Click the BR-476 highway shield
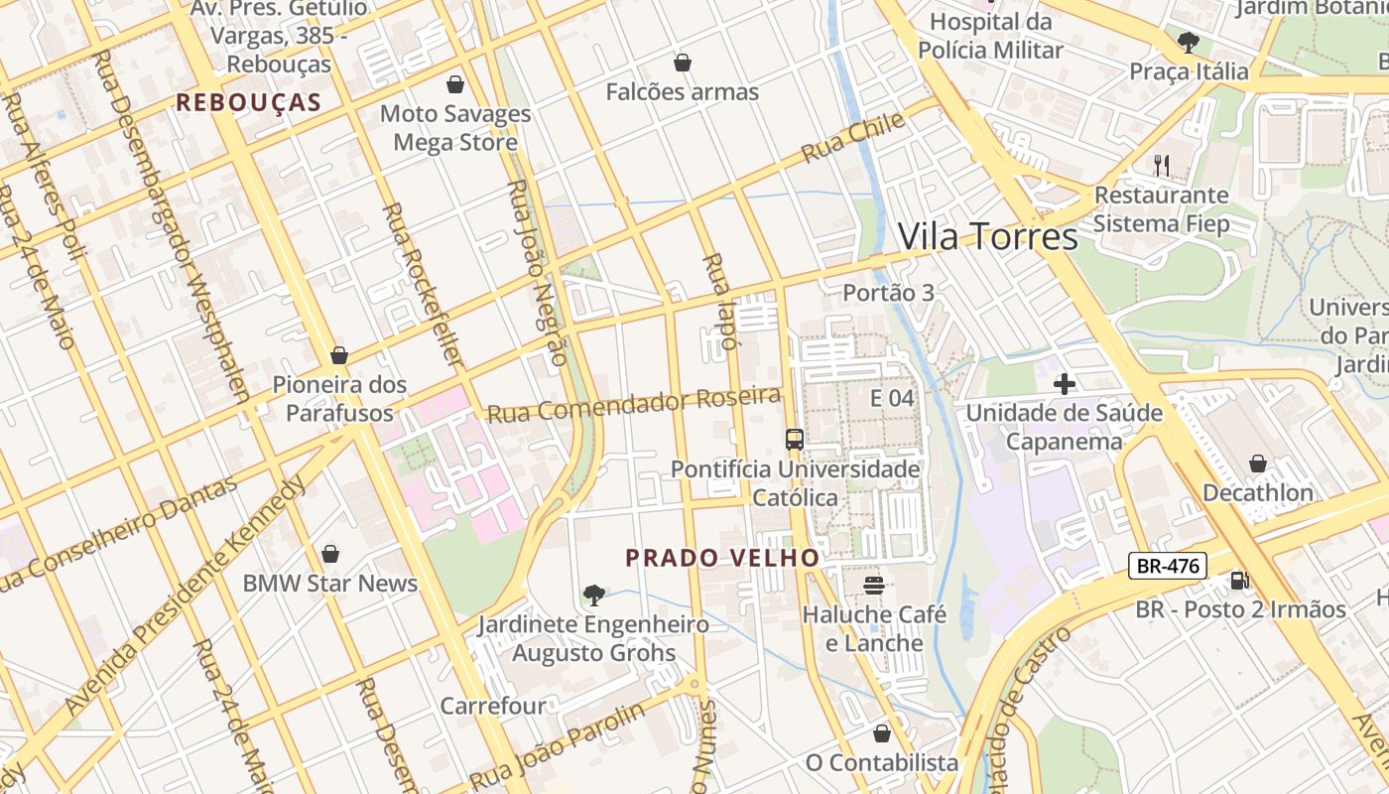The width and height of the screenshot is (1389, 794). [x=1168, y=567]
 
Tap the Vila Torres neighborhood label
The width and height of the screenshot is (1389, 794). [x=987, y=236]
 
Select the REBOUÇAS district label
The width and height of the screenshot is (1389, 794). [x=249, y=102]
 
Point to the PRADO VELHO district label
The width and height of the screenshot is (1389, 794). [x=722, y=558]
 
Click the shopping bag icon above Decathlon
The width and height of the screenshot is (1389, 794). [x=1257, y=463]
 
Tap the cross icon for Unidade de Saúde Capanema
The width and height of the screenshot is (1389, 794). [x=1065, y=383]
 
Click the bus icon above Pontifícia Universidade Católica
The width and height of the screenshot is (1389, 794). [x=794, y=439]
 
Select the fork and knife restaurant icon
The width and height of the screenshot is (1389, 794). [x=1161, y=165]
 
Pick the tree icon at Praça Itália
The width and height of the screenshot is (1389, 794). [x=1188, y=42]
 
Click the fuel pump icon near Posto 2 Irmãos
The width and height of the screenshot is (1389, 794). [x=1238, y=580]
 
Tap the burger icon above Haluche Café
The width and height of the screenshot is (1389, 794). [x=874, y=585]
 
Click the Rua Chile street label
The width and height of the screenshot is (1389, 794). [x=853, y=138]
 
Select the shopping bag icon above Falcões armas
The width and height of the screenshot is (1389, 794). [x=682, y=63]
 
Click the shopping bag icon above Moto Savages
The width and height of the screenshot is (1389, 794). [x=455, y=84]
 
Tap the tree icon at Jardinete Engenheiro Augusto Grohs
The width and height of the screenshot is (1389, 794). [x=593, y=595]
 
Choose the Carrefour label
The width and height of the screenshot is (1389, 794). [x=493, y=706]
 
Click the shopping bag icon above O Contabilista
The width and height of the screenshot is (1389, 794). [x=881, y=733]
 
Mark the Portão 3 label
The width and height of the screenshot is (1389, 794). [x=888, y=293]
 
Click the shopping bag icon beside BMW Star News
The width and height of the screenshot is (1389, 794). [x=329, y=554]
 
